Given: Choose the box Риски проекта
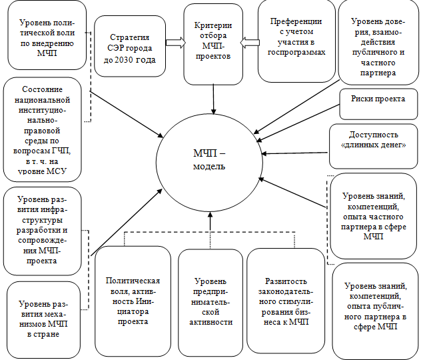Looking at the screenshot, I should (x=378, y=99).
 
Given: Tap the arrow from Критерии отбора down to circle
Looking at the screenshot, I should (x=213, y=93).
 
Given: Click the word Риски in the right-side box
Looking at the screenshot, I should (x=363, y=99).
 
